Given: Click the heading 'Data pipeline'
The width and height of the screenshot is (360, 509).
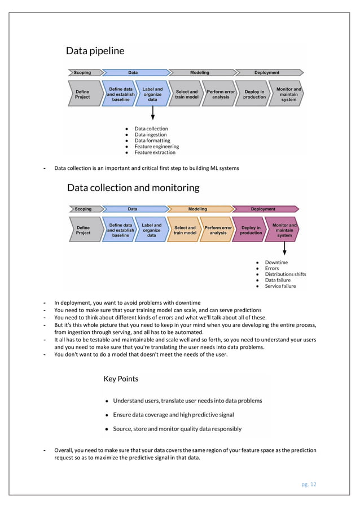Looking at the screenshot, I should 95,51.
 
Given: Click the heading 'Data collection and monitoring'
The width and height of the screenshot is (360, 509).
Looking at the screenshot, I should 133,187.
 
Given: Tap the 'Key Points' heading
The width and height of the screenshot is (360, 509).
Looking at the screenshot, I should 121,379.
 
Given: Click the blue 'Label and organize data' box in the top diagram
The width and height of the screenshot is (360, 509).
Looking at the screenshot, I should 152,94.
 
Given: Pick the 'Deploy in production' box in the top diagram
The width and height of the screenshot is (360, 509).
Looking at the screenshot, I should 254,94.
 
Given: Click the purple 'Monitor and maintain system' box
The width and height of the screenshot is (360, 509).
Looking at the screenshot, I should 284,230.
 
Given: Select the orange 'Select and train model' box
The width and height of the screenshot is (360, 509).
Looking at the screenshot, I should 185,230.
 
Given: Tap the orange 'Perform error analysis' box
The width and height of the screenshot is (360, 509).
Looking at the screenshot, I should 218,230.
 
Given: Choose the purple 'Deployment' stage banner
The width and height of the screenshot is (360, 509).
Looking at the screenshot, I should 264,209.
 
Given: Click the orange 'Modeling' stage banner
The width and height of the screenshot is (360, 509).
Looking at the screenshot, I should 197,209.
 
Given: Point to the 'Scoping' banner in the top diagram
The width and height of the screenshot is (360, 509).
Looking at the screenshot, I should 82,72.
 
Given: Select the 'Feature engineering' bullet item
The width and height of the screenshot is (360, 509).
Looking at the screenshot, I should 156,146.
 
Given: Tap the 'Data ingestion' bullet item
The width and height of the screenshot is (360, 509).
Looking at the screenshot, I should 151,134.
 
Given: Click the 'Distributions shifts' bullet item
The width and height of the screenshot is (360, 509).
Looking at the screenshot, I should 286,274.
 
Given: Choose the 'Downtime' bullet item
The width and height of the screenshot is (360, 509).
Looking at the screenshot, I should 276,262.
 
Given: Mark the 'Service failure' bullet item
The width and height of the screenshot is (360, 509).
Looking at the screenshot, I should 280,286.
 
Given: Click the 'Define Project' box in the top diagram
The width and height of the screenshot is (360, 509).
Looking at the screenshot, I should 82,94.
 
